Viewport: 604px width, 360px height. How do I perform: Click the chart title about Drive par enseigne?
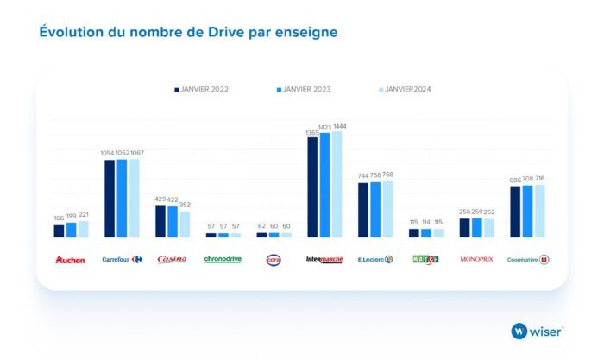click(x=188, y=33)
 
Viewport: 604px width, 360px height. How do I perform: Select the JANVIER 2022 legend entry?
click(x=203, y=89)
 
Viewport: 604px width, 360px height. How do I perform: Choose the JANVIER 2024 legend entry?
click(x=406, y=89)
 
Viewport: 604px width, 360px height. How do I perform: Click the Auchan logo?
click(x=70, y=259)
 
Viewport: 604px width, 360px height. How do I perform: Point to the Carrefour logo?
click(x=122, y=259)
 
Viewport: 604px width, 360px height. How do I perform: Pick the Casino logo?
click(x=172, y=259)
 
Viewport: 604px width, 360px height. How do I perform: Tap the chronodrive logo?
click(x=223, y=259)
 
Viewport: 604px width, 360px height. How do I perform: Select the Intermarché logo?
click(x=324, y=259)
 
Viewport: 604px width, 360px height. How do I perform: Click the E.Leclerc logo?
click(x=375, y=259)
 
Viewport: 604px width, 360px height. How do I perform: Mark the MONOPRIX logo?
click(x=476, y=259)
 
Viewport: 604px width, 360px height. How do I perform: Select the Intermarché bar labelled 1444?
click(x=337, y=184)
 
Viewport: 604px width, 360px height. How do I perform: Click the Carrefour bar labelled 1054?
click(x=110, y=199)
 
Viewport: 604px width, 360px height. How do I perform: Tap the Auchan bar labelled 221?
click(x=83, y=229)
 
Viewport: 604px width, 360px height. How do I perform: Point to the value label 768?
click(x=387, y=175)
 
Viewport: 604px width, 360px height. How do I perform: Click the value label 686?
click(x=515, y=180)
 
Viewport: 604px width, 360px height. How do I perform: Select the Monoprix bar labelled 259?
click(x=476, y=227)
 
